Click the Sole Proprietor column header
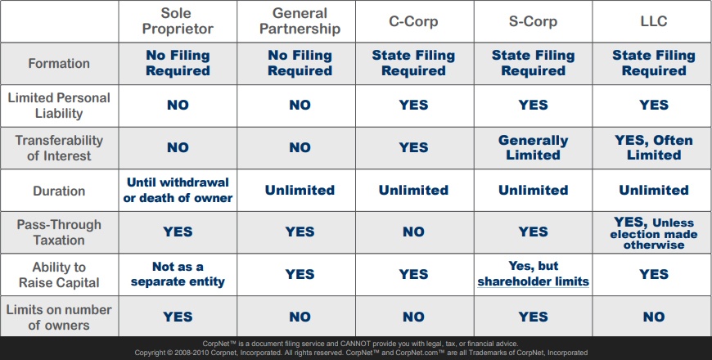(178, 21)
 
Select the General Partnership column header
(300, 21)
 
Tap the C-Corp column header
(413, 21)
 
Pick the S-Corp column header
(533, 21)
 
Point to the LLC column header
(653, 21)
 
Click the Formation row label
(59, 63)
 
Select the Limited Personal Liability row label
(59, 106)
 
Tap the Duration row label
(59, 191)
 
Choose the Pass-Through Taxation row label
(59, 232)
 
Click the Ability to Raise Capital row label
(59, 275)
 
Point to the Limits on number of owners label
(59, 317)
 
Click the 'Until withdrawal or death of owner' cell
(178, 190)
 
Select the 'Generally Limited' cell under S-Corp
(533, 147)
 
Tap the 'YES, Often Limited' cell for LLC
(653, 147)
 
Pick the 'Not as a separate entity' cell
(178, 274)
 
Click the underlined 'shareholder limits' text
(533, 281)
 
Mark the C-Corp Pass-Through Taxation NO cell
(413, 232)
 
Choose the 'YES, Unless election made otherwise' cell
(653, 233)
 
